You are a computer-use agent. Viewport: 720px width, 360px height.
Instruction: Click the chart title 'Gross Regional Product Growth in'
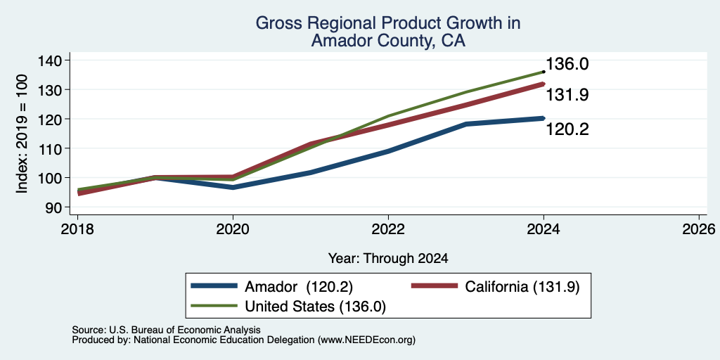coord(388,23)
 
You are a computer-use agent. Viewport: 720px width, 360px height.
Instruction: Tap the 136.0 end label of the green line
coord(567,64)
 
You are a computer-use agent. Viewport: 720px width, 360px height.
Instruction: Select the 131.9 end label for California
coord(567,95)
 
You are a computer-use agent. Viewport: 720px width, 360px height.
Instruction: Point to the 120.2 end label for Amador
coord(567,130)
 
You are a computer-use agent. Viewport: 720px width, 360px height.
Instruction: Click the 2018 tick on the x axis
coord(77,229)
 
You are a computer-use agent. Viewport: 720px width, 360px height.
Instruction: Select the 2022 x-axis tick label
coord(388,229)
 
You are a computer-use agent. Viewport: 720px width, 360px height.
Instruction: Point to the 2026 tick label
coord(699,229)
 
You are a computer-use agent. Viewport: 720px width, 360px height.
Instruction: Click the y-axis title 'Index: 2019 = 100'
coord(22,134)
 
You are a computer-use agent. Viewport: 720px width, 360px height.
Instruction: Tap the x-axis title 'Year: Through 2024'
coord(388,259)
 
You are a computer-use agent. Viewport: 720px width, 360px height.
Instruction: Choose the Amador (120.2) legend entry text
coord(298,287)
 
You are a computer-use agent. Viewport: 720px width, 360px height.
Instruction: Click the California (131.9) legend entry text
coord(522,287)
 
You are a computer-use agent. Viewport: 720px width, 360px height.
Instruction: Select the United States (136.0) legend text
coord(316,307)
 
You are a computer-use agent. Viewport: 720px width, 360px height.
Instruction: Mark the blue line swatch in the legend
coord(214,286)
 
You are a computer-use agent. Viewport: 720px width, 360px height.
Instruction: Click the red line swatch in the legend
coord(435,286)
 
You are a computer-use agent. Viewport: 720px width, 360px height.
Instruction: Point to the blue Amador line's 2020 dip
coord(233,187)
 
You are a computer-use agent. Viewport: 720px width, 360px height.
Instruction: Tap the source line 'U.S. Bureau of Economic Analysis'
coord(185,330)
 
